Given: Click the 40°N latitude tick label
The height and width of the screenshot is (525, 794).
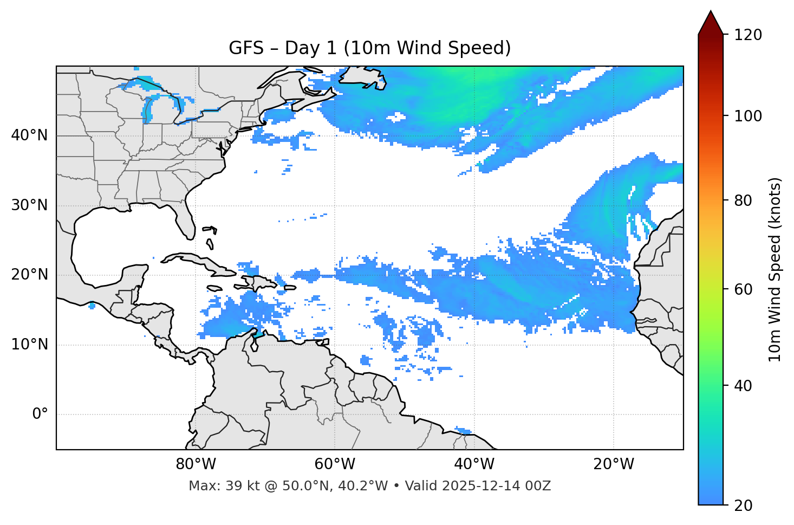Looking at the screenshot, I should pos(29,135).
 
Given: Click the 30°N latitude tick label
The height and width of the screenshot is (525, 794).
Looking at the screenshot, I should pos(29,205).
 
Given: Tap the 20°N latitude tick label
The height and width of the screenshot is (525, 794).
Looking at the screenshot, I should pos(29,275).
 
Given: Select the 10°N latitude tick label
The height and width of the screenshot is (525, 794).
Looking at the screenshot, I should pos(29,345).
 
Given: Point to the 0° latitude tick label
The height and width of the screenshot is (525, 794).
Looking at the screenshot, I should pos(40,414).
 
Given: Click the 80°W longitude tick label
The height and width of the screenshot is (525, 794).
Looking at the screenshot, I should pos(196,464).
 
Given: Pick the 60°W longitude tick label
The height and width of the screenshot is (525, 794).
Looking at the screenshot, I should pos(335,464).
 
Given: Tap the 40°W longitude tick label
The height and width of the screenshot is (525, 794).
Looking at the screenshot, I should pos(474,464).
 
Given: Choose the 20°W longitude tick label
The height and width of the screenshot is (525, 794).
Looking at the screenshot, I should pos(614,464).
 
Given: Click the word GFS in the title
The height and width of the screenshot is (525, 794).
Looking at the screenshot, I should pos(246,48).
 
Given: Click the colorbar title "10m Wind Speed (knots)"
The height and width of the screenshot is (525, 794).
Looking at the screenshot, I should pos(775,269).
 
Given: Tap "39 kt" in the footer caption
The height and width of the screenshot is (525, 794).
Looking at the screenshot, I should pos(239,486).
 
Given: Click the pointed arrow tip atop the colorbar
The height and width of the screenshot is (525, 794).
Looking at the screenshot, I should pos(711,13).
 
